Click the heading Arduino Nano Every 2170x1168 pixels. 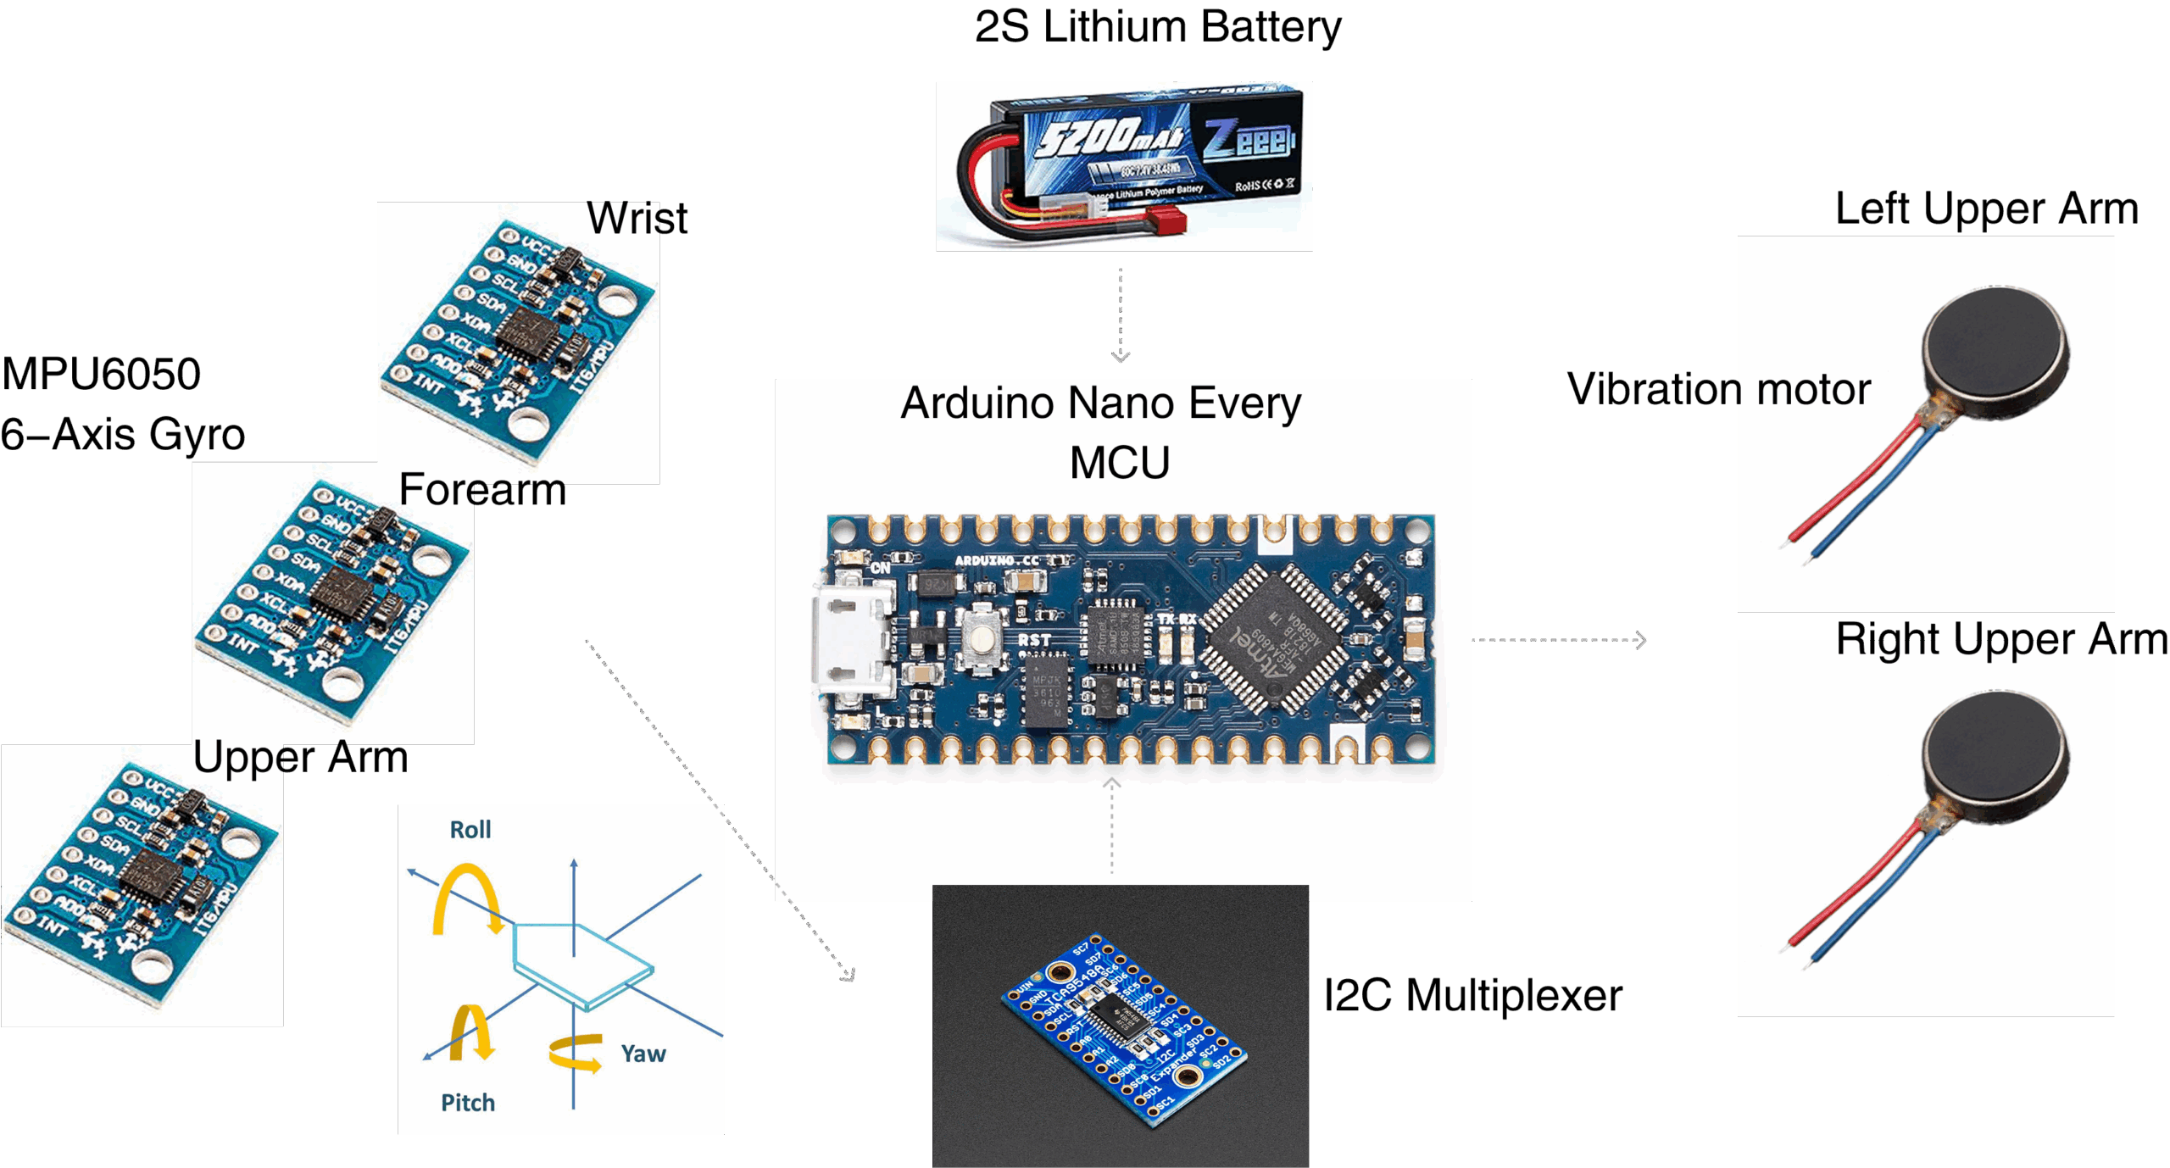pos(1100,403)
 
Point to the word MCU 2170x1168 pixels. pos(1119,463)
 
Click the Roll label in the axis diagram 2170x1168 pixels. pos(470,830)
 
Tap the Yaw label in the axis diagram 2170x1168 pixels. pos(643,1054)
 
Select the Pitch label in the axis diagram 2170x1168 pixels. pos(467,1103)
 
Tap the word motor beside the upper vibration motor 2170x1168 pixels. pos(1813,390)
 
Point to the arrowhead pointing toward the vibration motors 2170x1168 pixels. pos(1641,640)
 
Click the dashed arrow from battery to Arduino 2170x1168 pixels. pos(1121,314)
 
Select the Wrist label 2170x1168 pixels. pos(634,219)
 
